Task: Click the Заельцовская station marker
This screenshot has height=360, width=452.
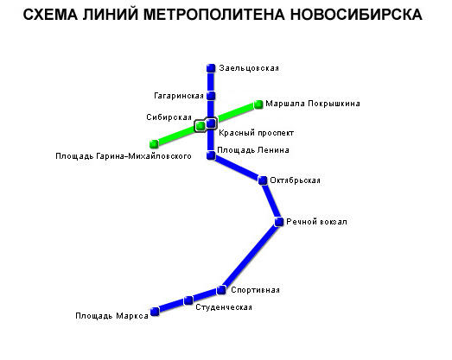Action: pyautogui.click(x=211, y=68)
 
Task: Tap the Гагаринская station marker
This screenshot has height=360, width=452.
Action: pyautogui.click(x=211, y=96)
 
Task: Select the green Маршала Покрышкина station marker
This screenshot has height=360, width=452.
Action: pyautogui.click(x=258, y=104)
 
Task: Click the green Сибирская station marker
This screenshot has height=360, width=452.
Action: pyautogui.click(x=200, y=126)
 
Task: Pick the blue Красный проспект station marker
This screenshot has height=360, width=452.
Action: pyautogui.click(x=211, y=123)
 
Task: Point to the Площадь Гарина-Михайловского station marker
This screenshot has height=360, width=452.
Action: pyautogui.click(x=154, y=143)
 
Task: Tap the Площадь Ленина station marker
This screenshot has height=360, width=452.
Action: pyautogui.click(x=211, y=155)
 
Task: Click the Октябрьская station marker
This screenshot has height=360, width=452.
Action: pyautogui.click(x=263, y=180)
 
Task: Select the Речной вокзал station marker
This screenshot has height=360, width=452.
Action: pyautogui.click(x=279, y=222)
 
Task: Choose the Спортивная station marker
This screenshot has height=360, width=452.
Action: pyautogui.click(x=221, y=290)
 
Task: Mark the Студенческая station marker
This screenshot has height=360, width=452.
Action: pyautogui.click(x=188, y=300)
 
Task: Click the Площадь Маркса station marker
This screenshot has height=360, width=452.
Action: pyautogui.click(x=155, y=312)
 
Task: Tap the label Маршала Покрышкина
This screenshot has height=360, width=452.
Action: pyautogui.click(x=313, y=104)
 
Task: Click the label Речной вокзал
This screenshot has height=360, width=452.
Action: pyautogui.click(x=316, y=222)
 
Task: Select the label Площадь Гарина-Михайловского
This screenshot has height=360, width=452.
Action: pyautogui.click(x=124, y=156)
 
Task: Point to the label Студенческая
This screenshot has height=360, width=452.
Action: pyautogui.click(x=224, y=307)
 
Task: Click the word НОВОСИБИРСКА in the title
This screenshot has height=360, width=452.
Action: pyautogui.click(x=356, y=15)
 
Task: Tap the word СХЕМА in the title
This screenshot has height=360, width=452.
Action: pyautogui.click(x=50, y=15)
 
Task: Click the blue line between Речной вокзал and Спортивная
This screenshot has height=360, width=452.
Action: pyautogui.click(x=250, y=256)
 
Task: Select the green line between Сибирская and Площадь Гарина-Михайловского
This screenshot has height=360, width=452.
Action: pyautogui.click(x=177, y=135)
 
